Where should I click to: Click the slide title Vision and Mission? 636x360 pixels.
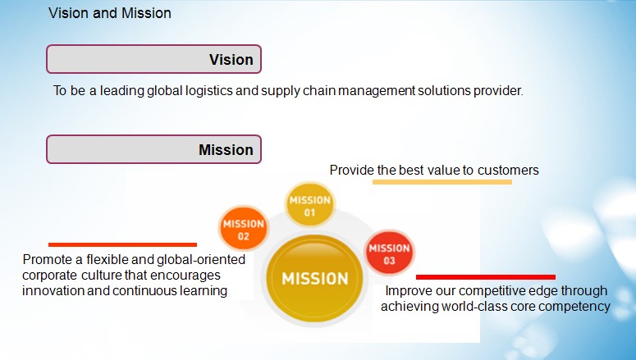tap(110, 13)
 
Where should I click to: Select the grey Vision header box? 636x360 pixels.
tap(153, 59)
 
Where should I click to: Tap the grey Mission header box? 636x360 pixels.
tap(153, 149)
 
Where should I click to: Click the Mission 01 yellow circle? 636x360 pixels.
tap(310, 205)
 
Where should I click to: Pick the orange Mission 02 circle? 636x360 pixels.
tap(244, 229)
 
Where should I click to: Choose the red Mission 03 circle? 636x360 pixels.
tap(389, 253)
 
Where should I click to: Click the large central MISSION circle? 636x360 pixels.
tap(315, 278)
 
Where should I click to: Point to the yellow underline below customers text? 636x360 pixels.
tap(442, 182)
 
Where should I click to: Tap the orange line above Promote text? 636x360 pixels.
tap(122, 244)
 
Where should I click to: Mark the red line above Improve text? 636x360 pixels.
tap(486, 277)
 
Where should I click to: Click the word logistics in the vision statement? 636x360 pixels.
tap(209, 90)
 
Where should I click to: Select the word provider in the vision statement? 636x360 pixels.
tap(498, 90)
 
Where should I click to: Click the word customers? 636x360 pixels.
tap(508, 170)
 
